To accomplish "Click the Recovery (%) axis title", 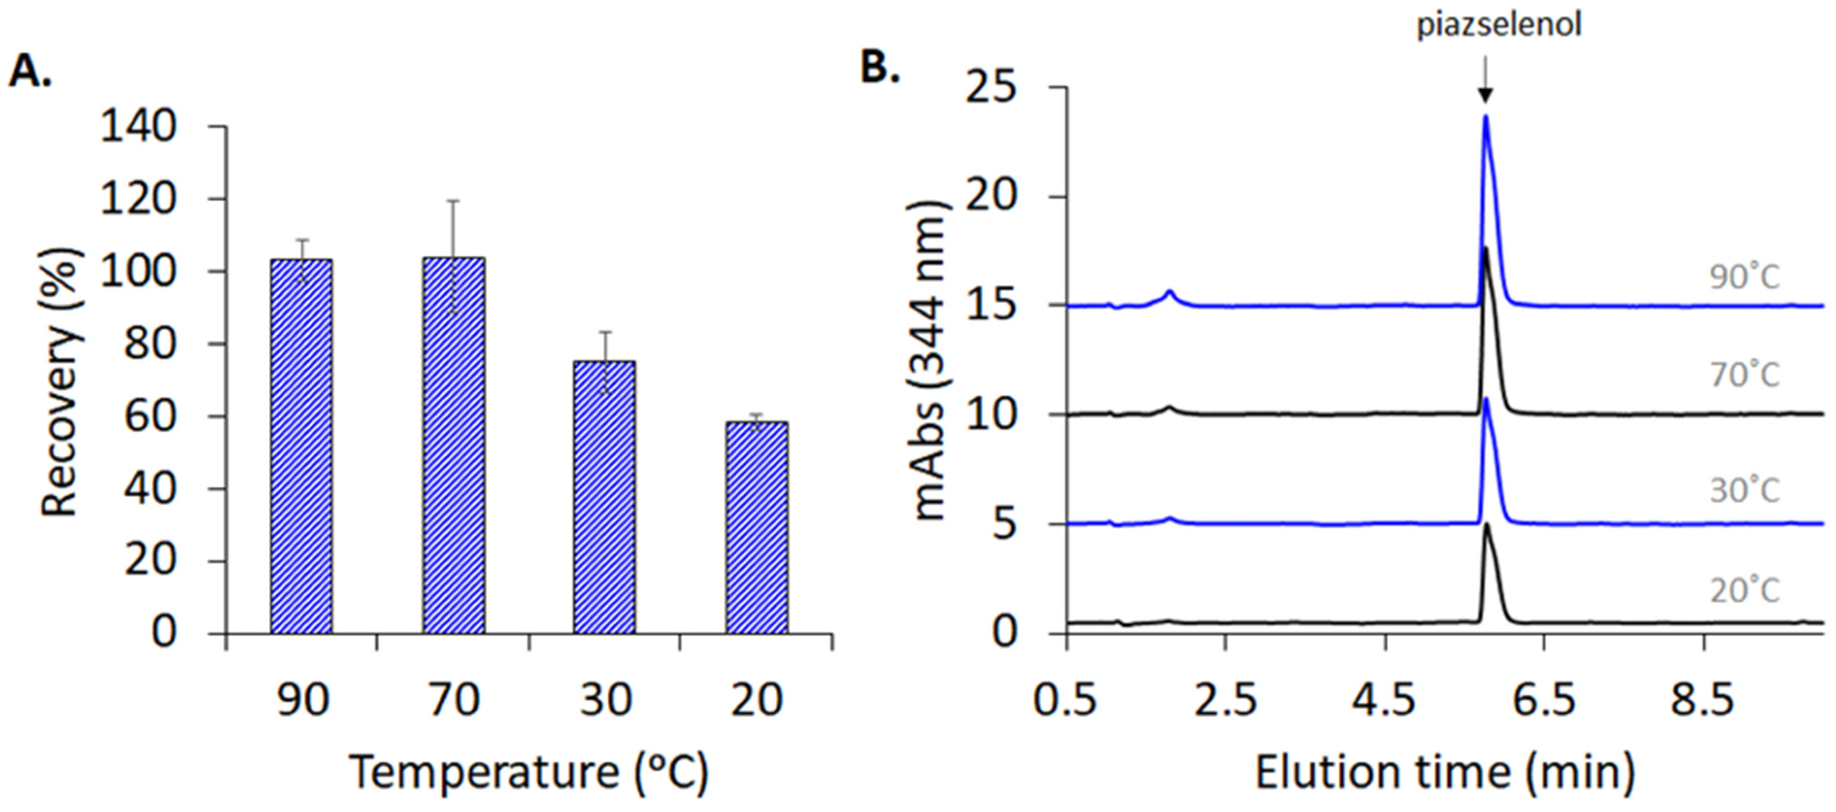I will coord(60,381).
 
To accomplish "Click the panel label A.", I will coord(30,71).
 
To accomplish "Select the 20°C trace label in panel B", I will coord(1744,590).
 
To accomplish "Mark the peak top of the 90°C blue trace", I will coord(1485,116).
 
